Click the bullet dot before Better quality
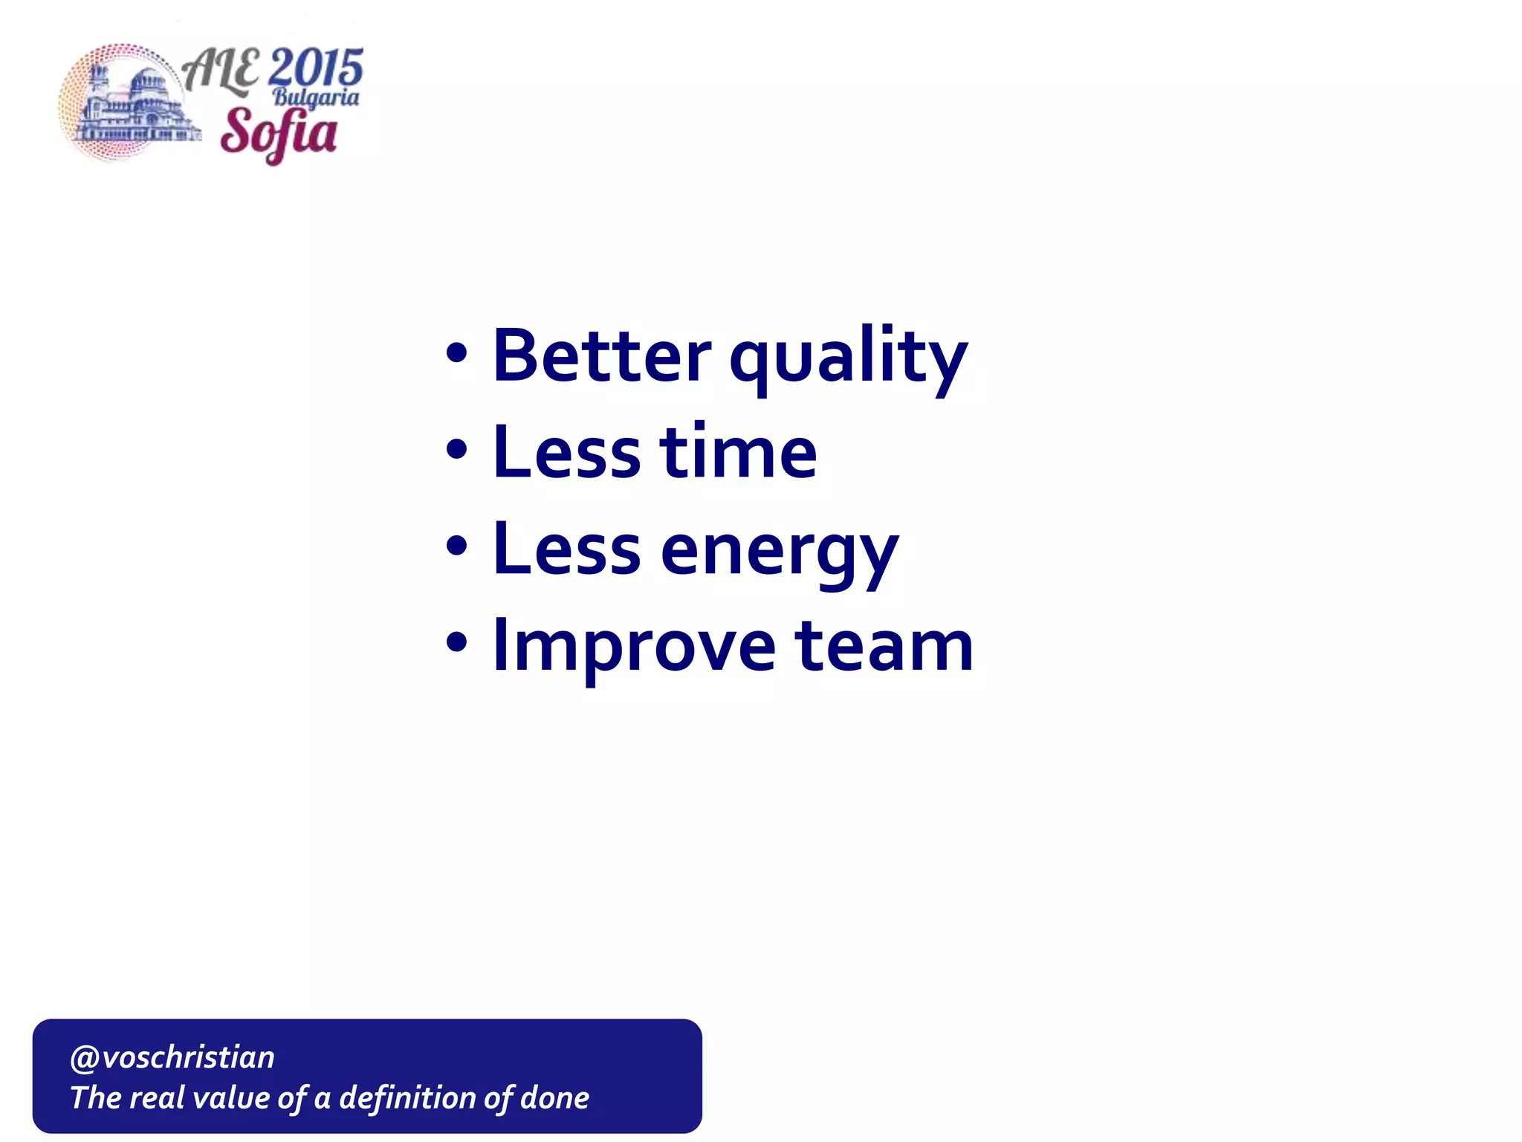(457, 354)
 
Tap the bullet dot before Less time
(457, 450)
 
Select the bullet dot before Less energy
(457, 546)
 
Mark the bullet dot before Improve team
(457, 642)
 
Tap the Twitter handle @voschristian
(172, 1057)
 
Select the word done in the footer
(554, 1098)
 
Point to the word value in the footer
(230, 1098)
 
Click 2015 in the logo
(316, 68)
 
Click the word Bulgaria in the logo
(316, 97)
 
